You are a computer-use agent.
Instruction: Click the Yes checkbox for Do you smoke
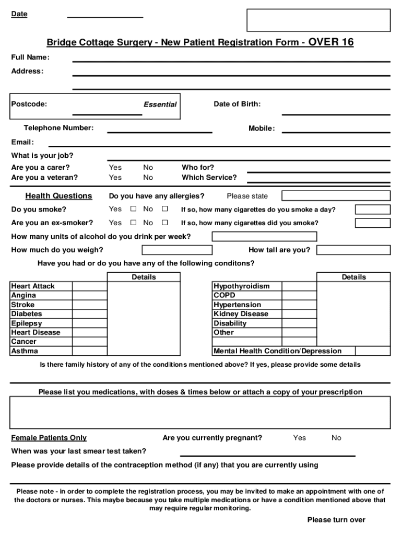pos(133,209)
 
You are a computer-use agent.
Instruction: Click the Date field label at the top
pos(19,14)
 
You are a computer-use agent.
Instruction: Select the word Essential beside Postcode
pos(160,104)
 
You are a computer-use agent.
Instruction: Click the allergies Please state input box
pos(336,196)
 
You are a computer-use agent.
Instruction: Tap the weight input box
pos(160,250)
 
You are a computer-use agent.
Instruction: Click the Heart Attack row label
pos(33,286)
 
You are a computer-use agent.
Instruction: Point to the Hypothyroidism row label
pos(242,286)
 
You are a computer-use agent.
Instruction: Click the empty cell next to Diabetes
pos(90,314)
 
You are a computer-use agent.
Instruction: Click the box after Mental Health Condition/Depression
pos(373,351)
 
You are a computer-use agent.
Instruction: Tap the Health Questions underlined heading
pos(58,196)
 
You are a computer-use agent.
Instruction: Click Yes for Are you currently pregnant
pos(300,438)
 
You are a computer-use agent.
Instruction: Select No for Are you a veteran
pos(148,178)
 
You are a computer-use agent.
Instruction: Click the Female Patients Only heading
pos(49,438)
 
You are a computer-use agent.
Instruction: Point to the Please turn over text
pos(336,520)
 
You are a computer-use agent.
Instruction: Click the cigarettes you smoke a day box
pos(373,210)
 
